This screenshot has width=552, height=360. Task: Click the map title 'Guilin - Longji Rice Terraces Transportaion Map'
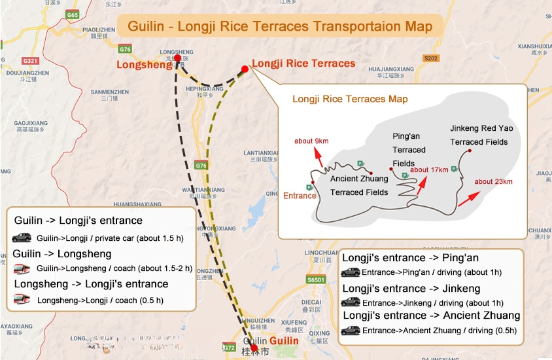point(280,27)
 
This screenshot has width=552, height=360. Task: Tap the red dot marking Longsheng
point(177,58)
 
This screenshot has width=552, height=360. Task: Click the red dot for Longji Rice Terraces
point(245,69)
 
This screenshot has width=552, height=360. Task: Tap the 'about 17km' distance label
point(429,170)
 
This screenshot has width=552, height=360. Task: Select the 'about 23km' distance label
point(493,181)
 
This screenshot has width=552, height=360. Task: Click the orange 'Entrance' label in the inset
point(300,196)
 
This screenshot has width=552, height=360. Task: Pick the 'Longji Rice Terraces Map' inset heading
point(350,99)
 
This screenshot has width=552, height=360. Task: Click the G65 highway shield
point(73,14)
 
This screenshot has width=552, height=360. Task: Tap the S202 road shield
point(430,58)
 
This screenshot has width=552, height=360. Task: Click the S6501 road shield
point(316,279)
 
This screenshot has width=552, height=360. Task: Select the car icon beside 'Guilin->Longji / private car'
point(22,238)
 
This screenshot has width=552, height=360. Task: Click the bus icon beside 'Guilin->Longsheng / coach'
point(22,268)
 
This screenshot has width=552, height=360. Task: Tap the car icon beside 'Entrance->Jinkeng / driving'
point(350,302)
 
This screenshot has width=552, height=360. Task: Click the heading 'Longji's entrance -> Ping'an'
point(410,257)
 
